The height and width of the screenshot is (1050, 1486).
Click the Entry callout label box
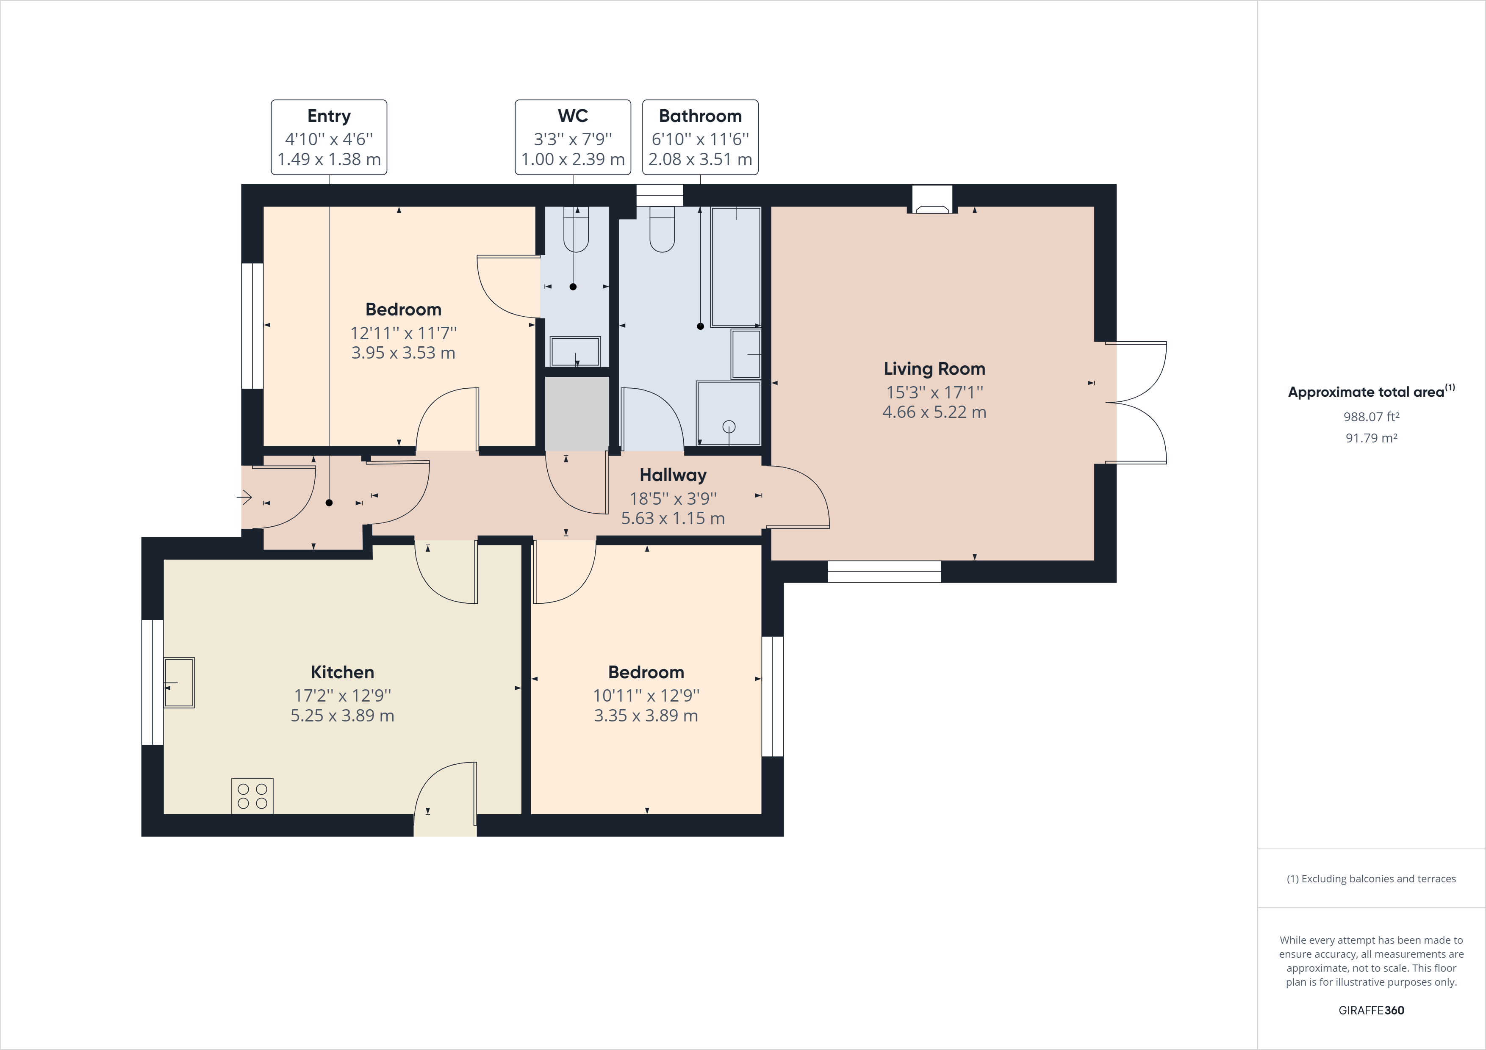(x=329, y=137)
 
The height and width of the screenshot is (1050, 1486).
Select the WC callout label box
(x=573, y=137)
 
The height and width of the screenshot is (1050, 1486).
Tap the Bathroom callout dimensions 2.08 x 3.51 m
(x=700, y=159)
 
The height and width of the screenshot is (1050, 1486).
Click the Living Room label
(x=934, y=369)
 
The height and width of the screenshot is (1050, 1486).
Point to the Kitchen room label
(x=342, y=672)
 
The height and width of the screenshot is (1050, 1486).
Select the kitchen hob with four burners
(x=252, y=796)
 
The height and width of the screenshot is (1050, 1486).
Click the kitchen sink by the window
(x=179, y=683)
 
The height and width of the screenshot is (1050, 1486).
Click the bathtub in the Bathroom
(x=736, y=267)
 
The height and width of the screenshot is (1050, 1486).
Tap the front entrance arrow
(x=245, y=497)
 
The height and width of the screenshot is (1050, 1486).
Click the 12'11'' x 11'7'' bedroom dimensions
(x=403, y=333)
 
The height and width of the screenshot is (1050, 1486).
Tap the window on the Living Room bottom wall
(x=884, y=572)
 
